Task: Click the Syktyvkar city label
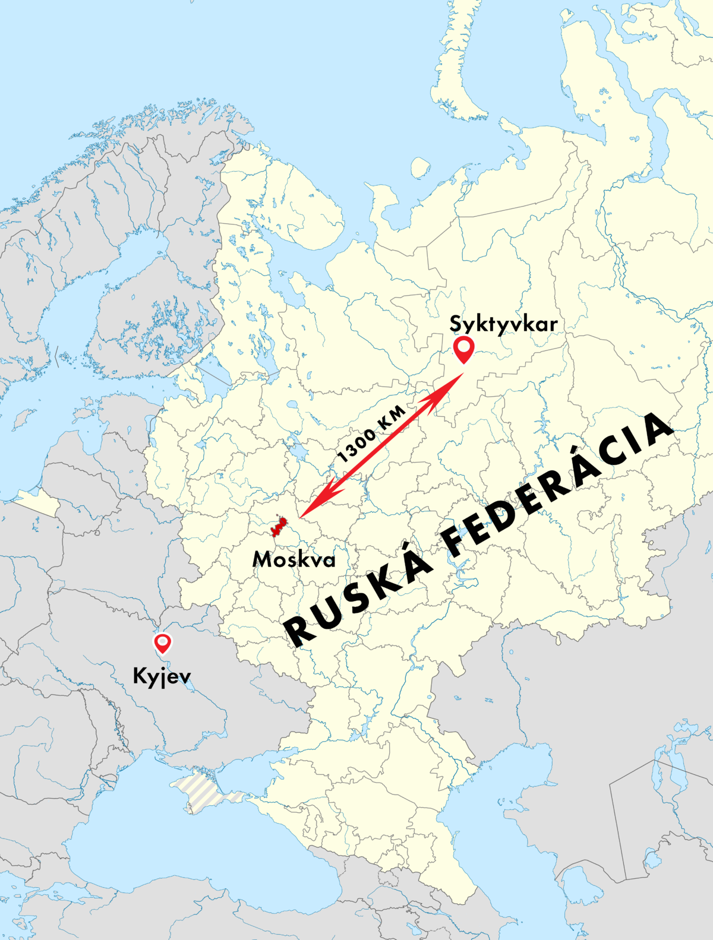coord(503,325)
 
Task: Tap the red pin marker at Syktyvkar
coord(463,349)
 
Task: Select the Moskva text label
coord(294,559)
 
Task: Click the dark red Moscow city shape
coord(278,527)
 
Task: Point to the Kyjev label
coord(162,676)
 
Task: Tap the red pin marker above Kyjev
coord(162,643)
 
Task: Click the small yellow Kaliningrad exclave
coord(36,502)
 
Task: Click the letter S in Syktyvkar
coord(456,324)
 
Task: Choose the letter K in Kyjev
coord(140,676)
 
